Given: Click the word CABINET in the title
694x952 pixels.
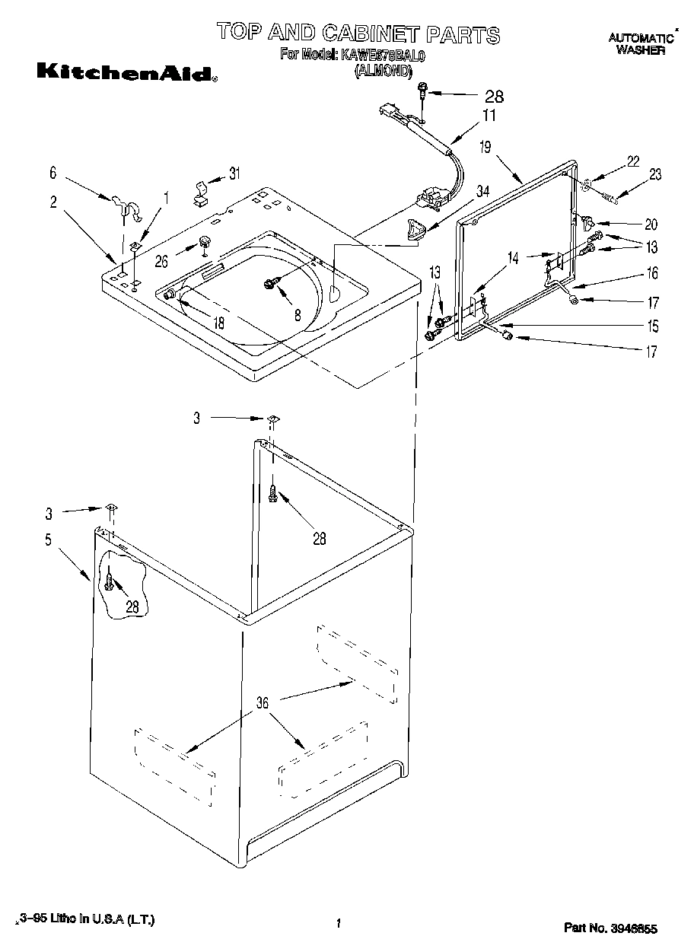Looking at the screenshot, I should pos(371,33).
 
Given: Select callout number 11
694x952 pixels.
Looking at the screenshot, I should pos(488,116).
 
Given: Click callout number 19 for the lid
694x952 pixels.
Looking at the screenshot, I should pos(485,148).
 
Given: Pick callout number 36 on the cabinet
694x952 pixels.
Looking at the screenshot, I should pos(262,703).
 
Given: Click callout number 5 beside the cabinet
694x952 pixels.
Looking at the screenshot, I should pos(47,540).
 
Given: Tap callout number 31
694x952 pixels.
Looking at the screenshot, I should pos(234,174).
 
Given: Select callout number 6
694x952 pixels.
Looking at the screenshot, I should pos(53,174).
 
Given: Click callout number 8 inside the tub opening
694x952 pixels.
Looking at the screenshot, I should pos(297,314).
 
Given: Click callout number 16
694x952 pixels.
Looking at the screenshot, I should pos(652,273).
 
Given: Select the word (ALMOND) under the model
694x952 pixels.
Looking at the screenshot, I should pos(383,72).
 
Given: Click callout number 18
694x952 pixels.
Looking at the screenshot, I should pos(219,323).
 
